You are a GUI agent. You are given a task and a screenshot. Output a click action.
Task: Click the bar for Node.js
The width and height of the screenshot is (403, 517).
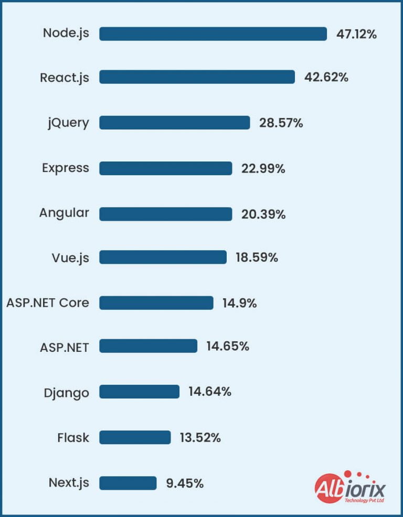pos(213,34)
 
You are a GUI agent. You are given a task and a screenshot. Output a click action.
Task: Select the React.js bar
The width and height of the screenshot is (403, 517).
pos(197,77)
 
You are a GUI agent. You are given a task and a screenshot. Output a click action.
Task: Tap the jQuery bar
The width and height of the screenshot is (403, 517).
pos(174,123)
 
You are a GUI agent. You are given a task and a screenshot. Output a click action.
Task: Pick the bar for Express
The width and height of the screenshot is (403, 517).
pos(165,168)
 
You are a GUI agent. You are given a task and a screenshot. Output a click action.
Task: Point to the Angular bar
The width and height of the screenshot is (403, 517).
pos(165,214)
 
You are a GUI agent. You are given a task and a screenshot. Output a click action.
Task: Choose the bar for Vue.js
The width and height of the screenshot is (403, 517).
pos(163,257)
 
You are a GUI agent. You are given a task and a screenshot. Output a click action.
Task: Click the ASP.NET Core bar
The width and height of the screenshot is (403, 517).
pos(156,303)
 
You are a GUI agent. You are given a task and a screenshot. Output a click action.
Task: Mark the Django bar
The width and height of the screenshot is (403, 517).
pos(139,392)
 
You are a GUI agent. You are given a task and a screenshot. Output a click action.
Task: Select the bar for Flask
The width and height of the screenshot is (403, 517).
pos(135,437)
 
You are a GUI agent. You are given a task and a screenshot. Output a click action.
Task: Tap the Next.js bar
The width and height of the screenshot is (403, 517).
pos(128,483)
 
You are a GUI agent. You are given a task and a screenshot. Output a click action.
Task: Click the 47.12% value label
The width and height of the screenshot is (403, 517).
pos(357,35)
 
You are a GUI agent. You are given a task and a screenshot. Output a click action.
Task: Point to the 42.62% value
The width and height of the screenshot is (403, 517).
pos(326,78)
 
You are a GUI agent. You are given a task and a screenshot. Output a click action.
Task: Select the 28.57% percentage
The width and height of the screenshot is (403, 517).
pos(281,123)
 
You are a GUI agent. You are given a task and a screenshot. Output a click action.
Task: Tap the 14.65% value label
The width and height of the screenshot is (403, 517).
pos(228,347)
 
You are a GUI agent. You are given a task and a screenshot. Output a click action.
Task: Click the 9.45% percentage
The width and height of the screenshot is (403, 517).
pos(185,483)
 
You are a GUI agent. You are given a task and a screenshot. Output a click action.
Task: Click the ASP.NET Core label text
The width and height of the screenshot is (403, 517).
pos(48,303)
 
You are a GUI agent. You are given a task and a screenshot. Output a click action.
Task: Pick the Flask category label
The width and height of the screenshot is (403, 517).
pos(73,437)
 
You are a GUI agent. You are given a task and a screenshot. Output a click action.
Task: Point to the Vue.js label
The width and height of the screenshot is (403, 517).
pos(70,258)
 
